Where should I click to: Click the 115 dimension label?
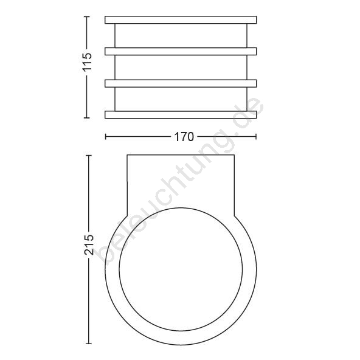click(x=88, y=62)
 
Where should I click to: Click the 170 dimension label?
click(x=184, y=137)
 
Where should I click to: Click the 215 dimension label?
click(x=89, y=244)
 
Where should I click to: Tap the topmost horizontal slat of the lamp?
click(x=181, y=19)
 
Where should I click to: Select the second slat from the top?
click(x=181, y=52)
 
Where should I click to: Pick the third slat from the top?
click(x=181, y=83)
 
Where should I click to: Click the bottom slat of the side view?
click(x=181, y=115)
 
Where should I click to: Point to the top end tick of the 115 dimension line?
click(x=86, y=16)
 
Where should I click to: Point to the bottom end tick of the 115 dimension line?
click(x=86, y=117)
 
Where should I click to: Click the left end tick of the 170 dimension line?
click(x=105, y=137)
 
